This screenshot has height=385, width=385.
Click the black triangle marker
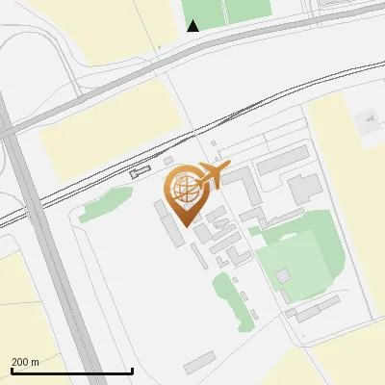193,26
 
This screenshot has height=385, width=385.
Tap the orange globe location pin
184,190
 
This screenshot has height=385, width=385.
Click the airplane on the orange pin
214,173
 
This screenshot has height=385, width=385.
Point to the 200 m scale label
25,362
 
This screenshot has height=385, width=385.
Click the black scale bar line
71,371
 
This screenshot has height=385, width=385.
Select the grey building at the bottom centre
200,362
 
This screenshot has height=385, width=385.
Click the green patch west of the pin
106,205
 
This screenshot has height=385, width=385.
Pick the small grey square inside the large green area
284,276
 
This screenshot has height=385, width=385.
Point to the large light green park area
308,250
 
